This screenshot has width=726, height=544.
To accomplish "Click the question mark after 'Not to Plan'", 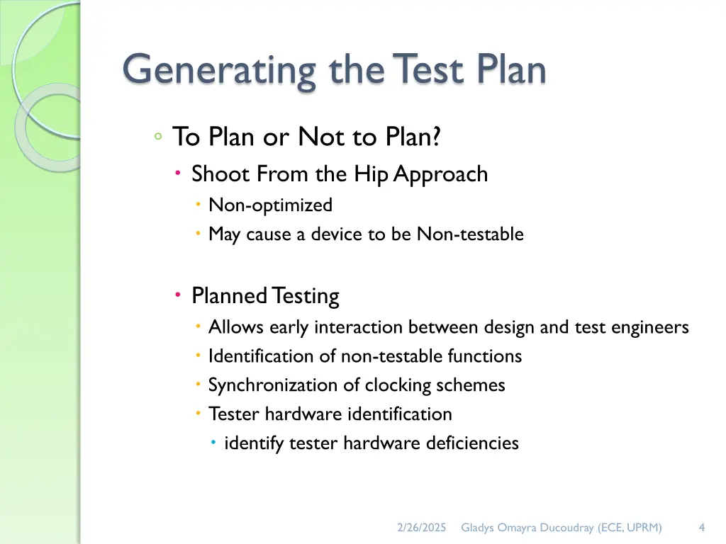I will (435, 137).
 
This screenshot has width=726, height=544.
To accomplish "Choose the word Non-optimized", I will (270, 205).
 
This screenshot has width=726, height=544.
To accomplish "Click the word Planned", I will (229, 296).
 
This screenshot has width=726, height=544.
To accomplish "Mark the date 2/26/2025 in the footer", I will (422, 527).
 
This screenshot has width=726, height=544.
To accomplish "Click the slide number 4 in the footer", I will (701, 527).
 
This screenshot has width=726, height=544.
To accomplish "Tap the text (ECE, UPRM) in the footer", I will (630, 527).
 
